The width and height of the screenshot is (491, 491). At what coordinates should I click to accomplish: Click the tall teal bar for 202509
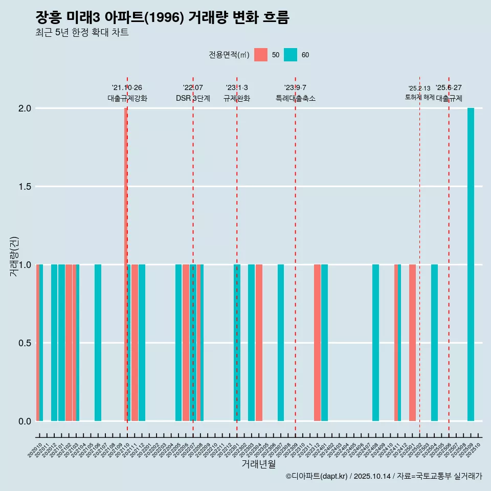click(x=471, y=264)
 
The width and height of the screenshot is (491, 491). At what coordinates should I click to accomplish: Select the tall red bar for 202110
click(x=125, y=264)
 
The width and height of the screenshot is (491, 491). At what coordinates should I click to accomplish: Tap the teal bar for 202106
click(x=98, y=343)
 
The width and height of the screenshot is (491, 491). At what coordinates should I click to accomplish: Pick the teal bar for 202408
click(x=375, y=343)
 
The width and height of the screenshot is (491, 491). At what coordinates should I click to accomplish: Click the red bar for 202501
click(x=412, y=343)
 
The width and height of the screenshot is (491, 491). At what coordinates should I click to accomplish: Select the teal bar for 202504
click(x=434, y=343)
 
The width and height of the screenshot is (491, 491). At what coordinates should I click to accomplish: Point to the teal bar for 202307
click(x=281, y=343)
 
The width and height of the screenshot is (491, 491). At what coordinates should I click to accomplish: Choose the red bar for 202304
click(x=259, y=343)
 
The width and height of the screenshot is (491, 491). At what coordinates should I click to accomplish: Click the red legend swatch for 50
click(x=261, y=55)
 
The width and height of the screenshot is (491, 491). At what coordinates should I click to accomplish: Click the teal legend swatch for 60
click(x=291, y=55)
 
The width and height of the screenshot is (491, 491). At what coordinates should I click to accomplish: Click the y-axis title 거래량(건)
click(x=14, y=256)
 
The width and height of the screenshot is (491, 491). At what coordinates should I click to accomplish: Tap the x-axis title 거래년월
click(x=258, y=464)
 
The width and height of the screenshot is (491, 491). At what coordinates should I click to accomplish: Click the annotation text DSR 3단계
click(x=193, y=98)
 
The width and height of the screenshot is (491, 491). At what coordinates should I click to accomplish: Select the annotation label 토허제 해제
click(x=419, y=97)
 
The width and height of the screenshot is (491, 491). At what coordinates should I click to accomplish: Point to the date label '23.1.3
click(x=237, y=87)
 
